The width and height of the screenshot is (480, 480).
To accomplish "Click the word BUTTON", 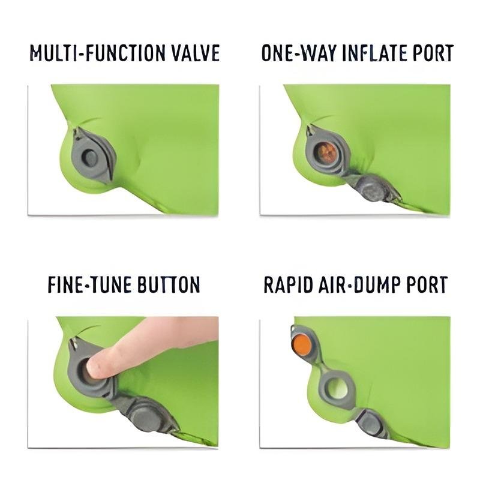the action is [x=169, y=284].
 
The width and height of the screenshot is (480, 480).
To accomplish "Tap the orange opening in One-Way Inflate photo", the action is [x=326, y=152].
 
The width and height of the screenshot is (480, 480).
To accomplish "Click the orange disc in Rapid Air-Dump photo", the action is [x=302, y=344].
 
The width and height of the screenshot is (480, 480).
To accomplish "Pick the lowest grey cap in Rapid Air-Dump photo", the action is [x=371, y=424].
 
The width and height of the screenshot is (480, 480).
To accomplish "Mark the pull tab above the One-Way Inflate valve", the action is [x=310, y=130].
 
